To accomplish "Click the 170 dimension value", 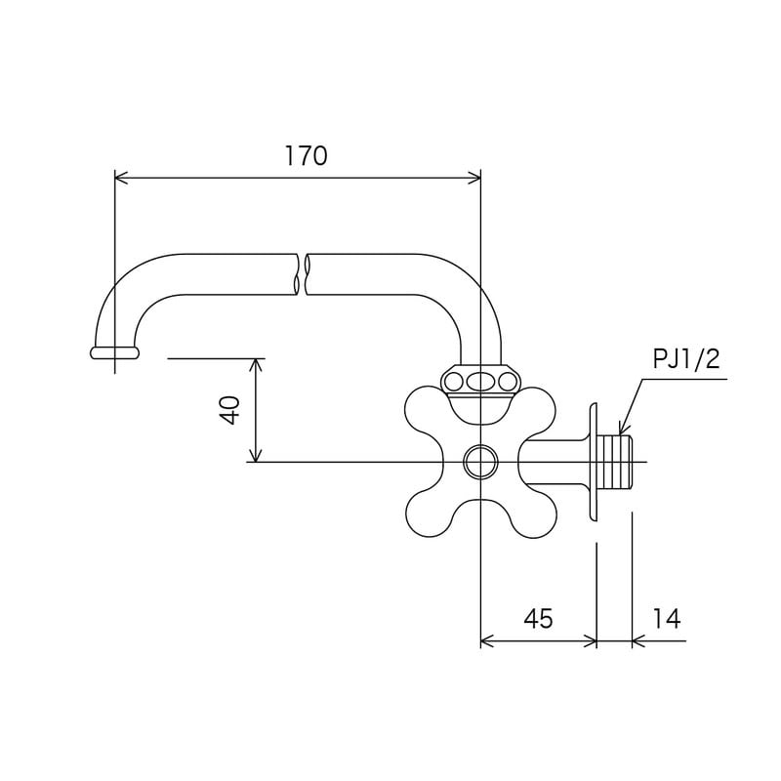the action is (306, 156).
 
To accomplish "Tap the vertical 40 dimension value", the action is (230, 409).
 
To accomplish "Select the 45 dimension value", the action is (539, 619).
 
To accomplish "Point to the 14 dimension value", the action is (667, 619).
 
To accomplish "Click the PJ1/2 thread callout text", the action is (686, 358).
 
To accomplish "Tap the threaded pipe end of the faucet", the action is (615, 462).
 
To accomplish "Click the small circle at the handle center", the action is (480, 462).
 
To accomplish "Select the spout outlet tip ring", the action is (114, 352).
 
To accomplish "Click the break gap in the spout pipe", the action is (302, 274).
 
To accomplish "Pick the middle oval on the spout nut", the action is (480, 383).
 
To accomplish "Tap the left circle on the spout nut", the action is (453, 383).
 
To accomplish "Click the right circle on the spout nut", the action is (508, 383).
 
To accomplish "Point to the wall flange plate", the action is (593, 462).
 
